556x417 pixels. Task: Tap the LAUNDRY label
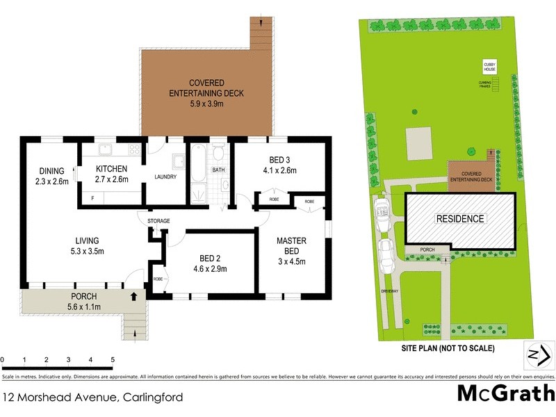pyautogui.click(x=165, y=177)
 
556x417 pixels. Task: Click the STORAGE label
pyautogui.click(x=158, y=221)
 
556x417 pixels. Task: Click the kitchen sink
pyautogui.click(x=107, y=149)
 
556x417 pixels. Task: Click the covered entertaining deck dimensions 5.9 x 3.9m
pyautogui.click(x=208, y=104)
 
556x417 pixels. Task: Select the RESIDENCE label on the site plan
pyautogui.click(x=459, y=219)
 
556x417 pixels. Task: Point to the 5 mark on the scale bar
pyautogui.click(x=112, y=360)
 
